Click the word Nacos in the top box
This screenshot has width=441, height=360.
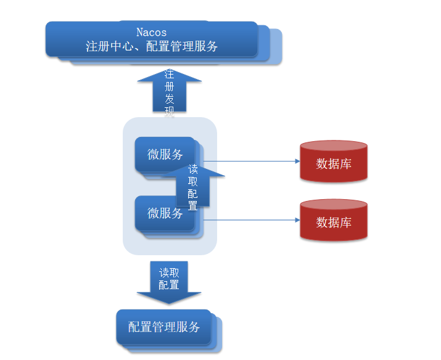[151, 32]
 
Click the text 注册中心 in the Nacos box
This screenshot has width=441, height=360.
[109, 46]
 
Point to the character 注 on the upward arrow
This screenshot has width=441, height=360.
[169, 75]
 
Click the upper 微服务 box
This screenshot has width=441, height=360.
[163, 154]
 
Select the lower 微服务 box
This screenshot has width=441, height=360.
[163, 213]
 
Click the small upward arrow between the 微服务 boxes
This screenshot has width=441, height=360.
[192, 185]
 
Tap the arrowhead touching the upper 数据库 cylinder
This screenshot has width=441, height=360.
[296, 162]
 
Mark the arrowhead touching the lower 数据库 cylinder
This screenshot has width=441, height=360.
[296, 220]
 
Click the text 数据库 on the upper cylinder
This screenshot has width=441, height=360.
[334, 164]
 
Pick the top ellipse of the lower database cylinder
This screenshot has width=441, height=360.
[334, 206]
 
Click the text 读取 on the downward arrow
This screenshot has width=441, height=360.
[168, 272]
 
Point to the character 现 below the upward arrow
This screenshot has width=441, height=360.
[169, 112]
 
